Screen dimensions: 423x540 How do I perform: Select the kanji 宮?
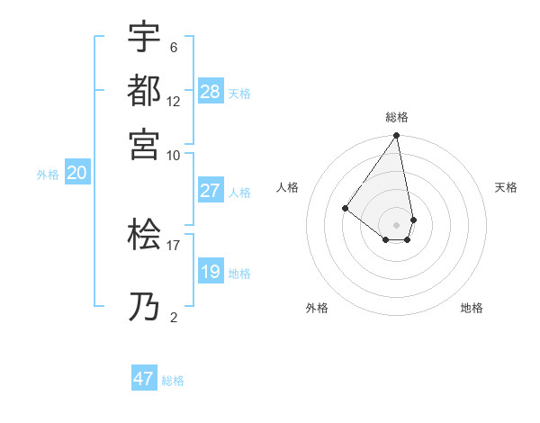click(144, 142)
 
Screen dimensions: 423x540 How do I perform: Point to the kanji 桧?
click(144, 236)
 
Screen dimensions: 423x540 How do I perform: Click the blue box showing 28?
click(210, 92)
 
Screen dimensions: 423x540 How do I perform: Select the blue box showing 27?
click(210, 191)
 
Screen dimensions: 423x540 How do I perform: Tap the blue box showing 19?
click(210, 272)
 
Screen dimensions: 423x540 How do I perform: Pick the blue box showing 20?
click(76, 174)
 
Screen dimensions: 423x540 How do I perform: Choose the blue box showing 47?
click(144, 379)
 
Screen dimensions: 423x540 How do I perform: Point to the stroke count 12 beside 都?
click(173, 101)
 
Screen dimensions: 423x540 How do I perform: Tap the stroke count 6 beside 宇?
click(173, 48)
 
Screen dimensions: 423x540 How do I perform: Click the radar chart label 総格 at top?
click(397, 117)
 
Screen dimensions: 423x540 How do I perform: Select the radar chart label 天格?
click(507, 187)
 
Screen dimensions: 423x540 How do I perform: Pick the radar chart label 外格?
click(317, 308)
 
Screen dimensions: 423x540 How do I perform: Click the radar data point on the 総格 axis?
click(396, 136)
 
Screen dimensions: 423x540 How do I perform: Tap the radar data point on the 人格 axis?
click(345, 208)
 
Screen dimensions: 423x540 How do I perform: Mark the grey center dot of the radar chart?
click(396, 225)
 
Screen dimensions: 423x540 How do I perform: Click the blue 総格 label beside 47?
click(173, 381)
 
